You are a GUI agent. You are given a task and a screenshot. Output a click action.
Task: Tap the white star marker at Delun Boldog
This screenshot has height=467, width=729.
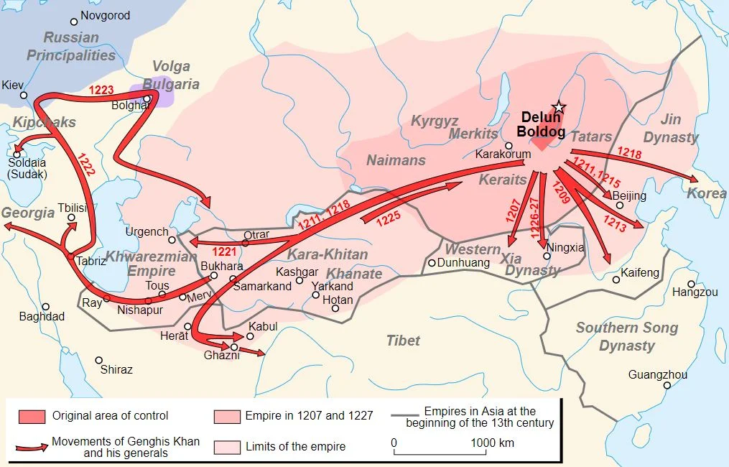point(559,108)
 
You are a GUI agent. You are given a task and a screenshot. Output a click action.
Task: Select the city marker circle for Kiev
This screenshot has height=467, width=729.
point(24,96)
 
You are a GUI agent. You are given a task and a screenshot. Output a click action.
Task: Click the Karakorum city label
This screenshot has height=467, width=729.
point(503,154)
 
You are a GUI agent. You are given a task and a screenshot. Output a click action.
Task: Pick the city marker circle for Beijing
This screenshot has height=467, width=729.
point(619,205)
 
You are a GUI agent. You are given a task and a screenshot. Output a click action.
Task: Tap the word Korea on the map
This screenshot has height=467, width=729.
point(702,193)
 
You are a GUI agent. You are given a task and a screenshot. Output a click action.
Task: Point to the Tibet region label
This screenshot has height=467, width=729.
point(403,340)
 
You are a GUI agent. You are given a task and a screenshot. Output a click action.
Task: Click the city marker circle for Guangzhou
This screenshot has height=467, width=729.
point(667,386)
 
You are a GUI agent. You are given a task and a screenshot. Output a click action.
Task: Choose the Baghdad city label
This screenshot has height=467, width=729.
point(42,316)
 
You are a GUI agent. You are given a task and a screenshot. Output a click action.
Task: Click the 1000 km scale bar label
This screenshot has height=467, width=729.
point(492,443)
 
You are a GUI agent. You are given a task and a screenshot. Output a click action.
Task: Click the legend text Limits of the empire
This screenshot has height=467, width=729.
point(295,447)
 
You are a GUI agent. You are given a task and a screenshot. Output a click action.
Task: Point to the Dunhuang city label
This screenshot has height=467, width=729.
point(463,263)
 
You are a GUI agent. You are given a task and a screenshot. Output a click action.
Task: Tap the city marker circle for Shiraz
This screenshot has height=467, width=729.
point(99,361)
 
